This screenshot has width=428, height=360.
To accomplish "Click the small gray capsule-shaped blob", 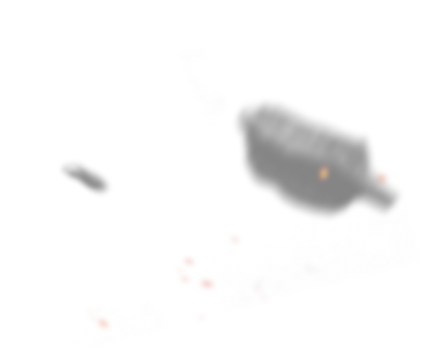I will coord(85,177).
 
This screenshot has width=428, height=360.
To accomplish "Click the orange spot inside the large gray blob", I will coord(323,172).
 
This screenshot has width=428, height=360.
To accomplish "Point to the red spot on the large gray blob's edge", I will coord(384,176).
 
